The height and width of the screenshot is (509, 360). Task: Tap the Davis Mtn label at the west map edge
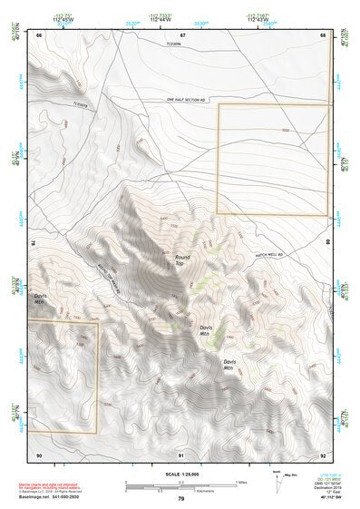click(x=41, y=299)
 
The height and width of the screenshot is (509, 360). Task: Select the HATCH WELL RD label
click(x=270, y=255)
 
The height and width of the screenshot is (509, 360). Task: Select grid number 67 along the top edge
click(x=182, y=34)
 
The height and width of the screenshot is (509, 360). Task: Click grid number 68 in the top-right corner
click(x=323, y=34)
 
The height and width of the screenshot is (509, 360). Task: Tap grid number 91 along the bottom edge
click(x=182, y=454)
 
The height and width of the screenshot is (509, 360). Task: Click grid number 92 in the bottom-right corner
click(x=323, y=454)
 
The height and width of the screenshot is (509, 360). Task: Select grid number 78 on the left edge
click(x=33, y=242)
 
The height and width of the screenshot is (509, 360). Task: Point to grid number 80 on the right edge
click(x=328, y=242)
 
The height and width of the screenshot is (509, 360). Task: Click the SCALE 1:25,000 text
click(x=180, y=474)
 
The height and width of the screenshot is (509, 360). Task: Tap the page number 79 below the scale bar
click(x=180, y=498)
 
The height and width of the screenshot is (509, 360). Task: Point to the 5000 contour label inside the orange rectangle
click(x=285, y=130)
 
